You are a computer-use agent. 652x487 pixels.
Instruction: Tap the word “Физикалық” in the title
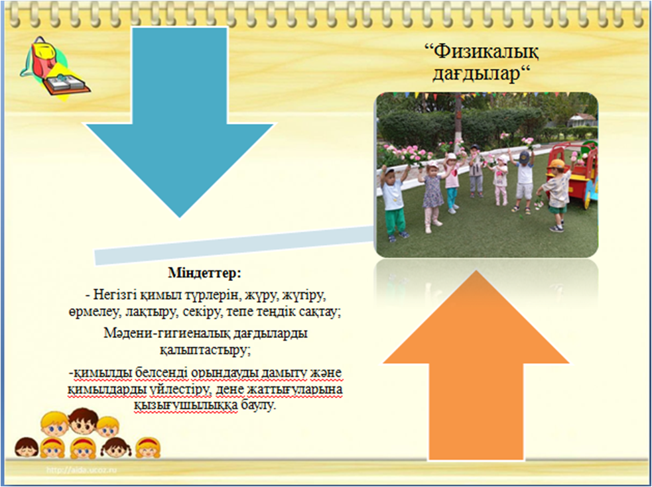(482, 53)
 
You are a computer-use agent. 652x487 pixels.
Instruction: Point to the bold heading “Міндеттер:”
(204, 274)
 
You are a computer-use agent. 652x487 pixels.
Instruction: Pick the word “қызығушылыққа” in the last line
(186, 405)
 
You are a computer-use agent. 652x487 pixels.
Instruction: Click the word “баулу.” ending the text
(258, 405)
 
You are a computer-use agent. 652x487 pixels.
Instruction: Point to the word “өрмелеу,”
(95, 313)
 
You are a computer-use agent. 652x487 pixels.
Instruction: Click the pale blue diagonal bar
(233, 246)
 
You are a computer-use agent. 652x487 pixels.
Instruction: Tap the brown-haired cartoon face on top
(83, 421)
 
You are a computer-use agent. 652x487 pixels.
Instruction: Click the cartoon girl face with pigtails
(116, 448)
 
